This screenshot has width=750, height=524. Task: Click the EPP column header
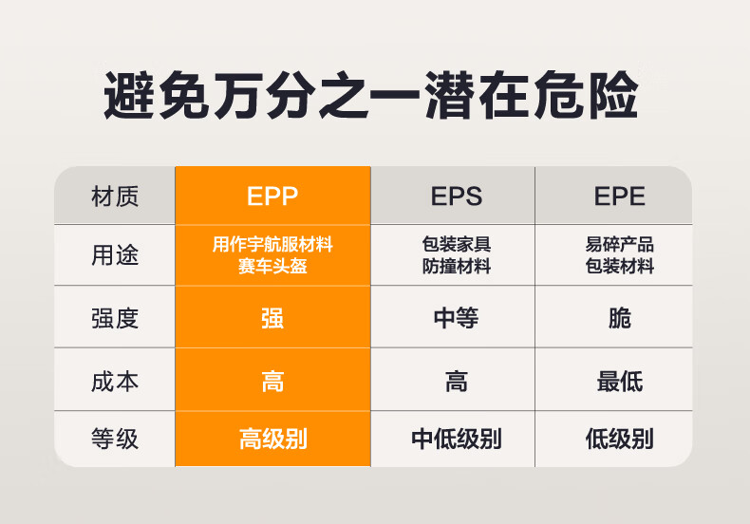272,196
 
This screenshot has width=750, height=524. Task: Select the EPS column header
457,196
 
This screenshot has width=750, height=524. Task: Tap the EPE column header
619,196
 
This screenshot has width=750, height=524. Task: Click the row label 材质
115,196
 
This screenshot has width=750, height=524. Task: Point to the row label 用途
115,254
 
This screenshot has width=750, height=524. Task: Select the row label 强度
115,318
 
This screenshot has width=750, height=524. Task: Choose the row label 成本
115,382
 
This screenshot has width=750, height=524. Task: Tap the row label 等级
115,439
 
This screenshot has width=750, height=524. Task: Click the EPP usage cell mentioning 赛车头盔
272,254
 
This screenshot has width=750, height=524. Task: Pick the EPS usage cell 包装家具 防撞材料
457,254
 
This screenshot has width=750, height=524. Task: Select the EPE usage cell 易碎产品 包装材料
619,254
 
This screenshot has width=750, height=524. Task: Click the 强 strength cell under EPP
272,318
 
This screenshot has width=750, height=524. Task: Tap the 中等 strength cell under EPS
457,318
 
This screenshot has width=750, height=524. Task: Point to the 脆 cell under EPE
619,318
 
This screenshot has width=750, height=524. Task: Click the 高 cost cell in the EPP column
272,382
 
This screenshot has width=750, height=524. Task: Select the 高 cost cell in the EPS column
457,382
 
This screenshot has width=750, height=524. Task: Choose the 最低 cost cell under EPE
619,382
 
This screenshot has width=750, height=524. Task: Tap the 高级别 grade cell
272,439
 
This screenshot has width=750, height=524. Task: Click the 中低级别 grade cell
457,439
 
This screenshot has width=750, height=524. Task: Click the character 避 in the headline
129,95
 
